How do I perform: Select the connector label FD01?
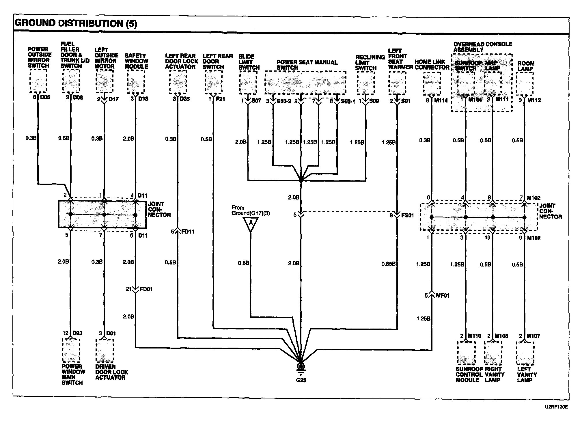pyautogui.click(x=146, y=289)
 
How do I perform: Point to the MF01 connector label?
pyautogui.click(x=443, y=296)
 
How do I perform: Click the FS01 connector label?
pyautogui.click(x=407, y=215)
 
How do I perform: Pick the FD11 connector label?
pyautogui.click(x=188, y=232)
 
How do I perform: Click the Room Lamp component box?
pyautogui.click(x=524, y=83)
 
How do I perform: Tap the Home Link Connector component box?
pyautogui.click(x=432, y=83)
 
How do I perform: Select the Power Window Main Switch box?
pyautogui.click(x=71, y=351)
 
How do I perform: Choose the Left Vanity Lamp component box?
pyautogui.click(x=525, y=353)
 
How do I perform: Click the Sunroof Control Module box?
pyautogui.click(x=466, y=353)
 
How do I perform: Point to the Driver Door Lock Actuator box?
pyautogui.click(x=104, y=351)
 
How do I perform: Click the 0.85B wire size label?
pyautogui.click(x=388, y=264)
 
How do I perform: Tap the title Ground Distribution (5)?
pyautogui.click(x=76, y=23)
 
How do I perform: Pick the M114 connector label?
pyautogui.click(x=441, y=100)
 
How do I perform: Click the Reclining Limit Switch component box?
pyautogui.click(x=366, y=83)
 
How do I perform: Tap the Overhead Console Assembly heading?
pyautogui.click(x=483, y=47)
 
